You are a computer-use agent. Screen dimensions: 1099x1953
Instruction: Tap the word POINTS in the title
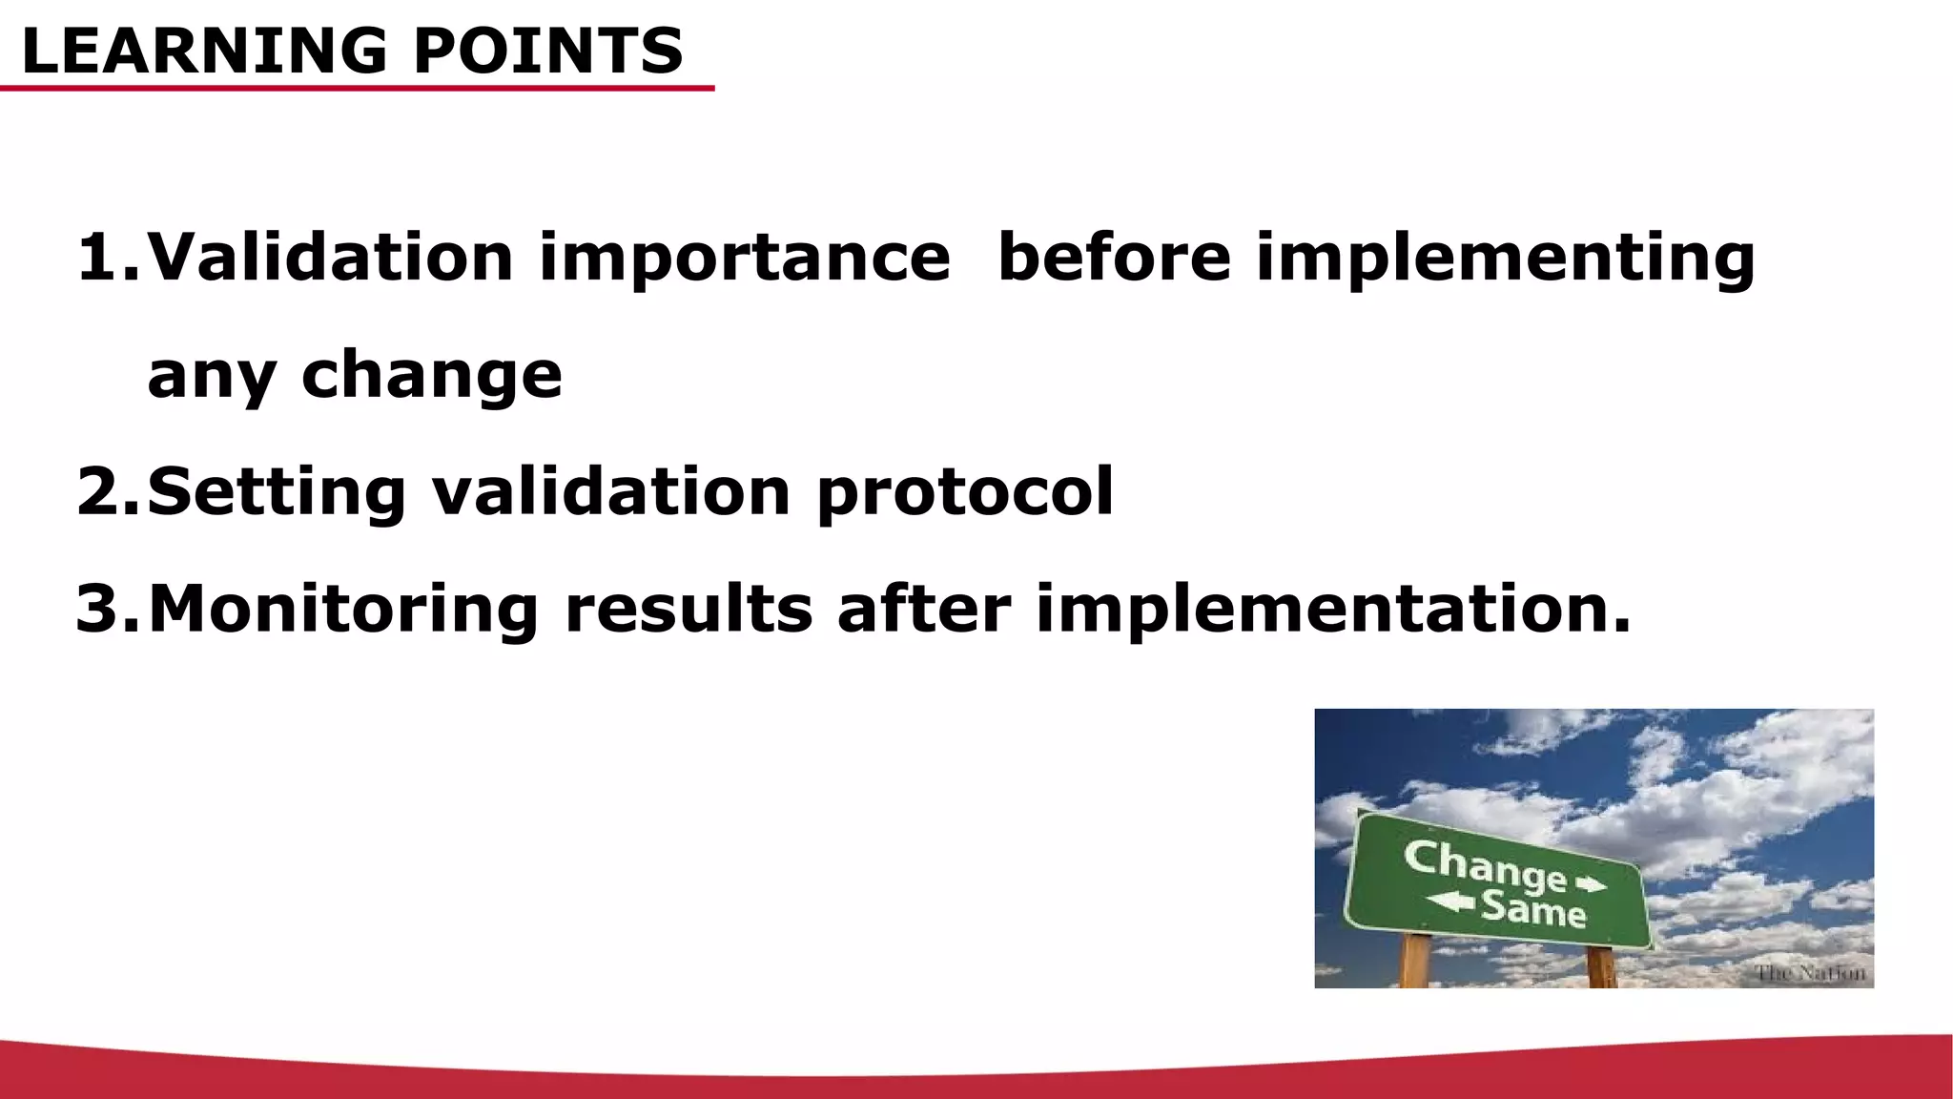pos(548,52)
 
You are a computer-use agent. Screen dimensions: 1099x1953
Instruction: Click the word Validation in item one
pos(330,258)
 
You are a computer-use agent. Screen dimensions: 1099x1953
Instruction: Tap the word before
pos(1113,258)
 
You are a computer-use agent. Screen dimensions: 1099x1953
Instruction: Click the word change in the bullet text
pos(431,376)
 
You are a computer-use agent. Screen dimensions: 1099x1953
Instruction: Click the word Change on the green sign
pos(1485,866)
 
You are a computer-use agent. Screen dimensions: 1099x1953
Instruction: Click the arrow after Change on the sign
pos(1591,884)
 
